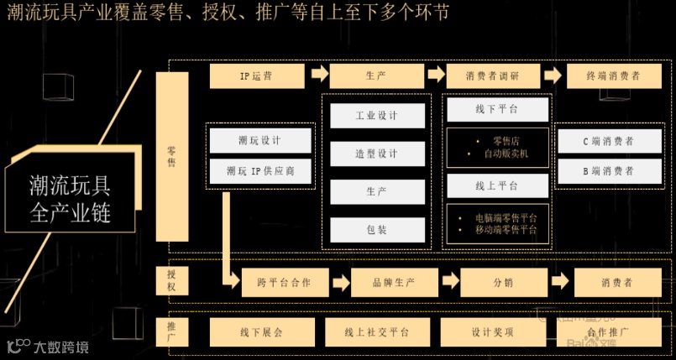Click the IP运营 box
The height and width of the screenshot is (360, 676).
pos(256,76)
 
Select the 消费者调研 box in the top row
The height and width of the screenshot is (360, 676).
pos(493,76)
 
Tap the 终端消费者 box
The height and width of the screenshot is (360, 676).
pos(614,76)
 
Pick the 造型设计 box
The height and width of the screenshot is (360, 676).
pos(376,154)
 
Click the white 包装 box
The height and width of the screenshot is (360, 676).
pos(376,229)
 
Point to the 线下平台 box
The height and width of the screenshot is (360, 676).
pos(496,109)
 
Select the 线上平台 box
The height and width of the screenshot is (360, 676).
pos(496,185)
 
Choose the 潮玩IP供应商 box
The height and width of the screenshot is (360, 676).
pos(260,171)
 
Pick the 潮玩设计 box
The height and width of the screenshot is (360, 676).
pos(260,140)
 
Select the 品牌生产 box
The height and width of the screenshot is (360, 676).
pos(394,283)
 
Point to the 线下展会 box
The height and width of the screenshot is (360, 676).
pos(261,332)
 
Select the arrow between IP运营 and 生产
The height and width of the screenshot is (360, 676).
pos(319,75)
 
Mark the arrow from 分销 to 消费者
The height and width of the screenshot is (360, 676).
pos(561,283)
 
